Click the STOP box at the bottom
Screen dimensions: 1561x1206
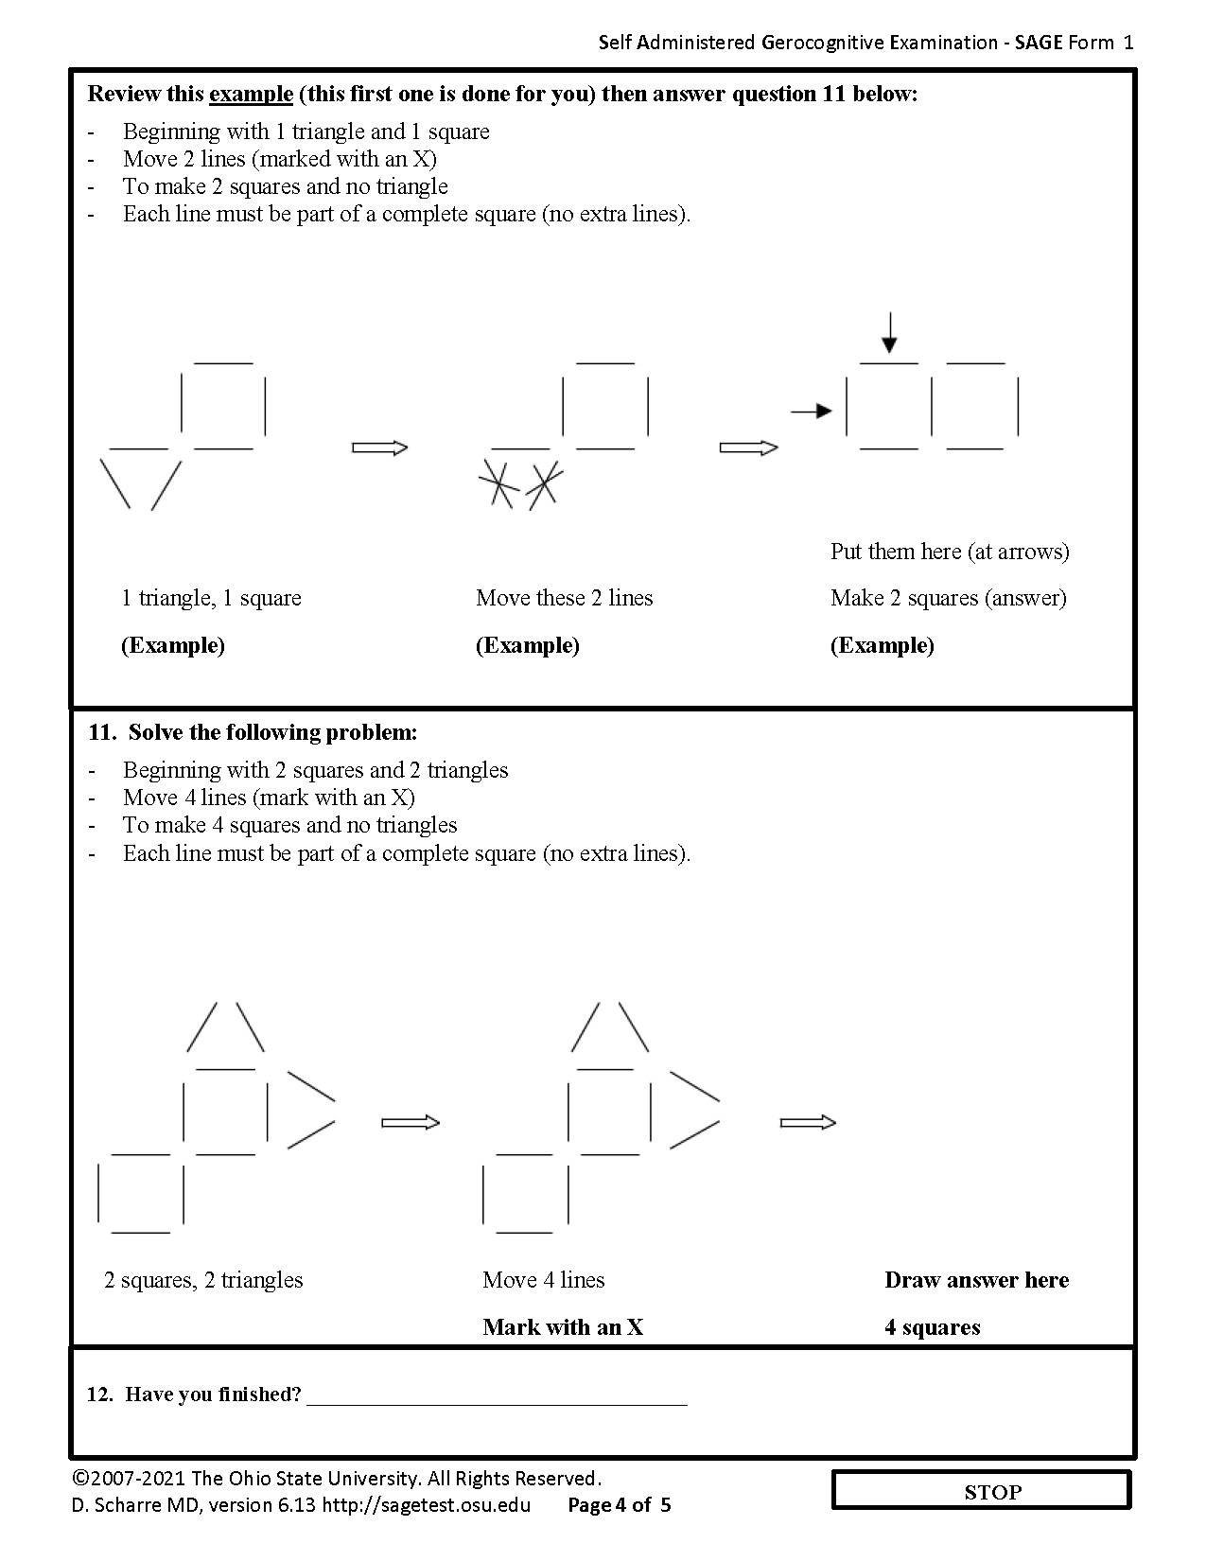click(x=982, y=1492)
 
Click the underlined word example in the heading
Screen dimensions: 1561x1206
click(x=251, y=94)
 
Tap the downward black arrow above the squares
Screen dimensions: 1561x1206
click(x=888, y=332)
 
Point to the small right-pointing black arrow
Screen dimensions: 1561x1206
click(x=811, y=411)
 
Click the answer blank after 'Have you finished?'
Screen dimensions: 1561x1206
click(x=497, y=1395)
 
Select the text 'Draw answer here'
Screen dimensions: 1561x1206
click(x=976, y=1280)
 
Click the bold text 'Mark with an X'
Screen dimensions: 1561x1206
click(x=562, y=1327)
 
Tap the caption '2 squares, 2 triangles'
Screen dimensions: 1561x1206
click(x=203, y=1280)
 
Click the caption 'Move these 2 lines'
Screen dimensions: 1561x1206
click(x=564, y=598)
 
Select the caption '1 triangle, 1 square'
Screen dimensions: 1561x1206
click(x=211, y=598)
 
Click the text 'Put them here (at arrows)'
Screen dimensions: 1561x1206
click(x=950, y=552)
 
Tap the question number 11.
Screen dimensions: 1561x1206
click(x=100, y=732)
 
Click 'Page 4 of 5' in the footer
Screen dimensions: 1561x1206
click(x=619, y=1505)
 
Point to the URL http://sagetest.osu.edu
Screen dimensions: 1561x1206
click(x=427, y=1505)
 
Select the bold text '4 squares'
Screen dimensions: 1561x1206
click(x=932, y=1327)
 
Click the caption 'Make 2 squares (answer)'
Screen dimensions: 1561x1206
click(x=948, y=598)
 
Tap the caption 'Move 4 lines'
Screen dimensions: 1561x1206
click(x=543, y=1280)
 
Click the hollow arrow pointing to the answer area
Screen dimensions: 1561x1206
click(x=808, y=1123)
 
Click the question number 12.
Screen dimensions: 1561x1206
click(x=99, y=1394)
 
